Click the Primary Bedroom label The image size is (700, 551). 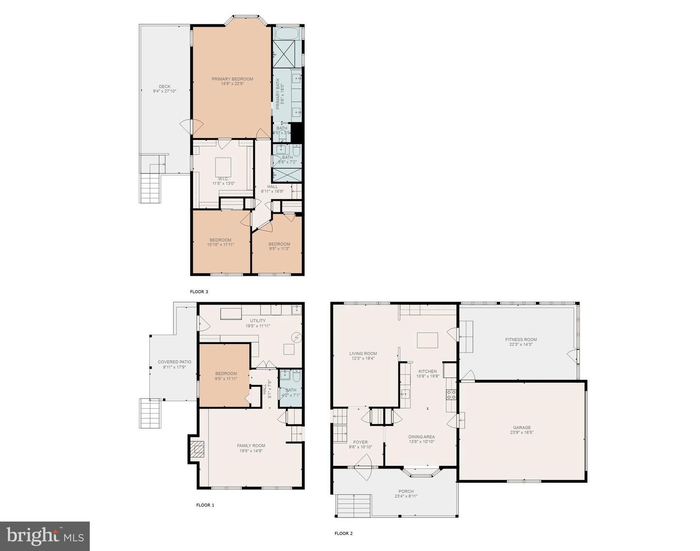click(232, 79)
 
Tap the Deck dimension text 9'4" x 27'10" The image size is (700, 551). click(164, 91)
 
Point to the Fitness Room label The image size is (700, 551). click(521, 340)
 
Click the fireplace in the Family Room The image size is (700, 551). click(197, 449)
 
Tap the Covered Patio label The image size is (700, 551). click(175, 362)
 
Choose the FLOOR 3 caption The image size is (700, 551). click(199, 292)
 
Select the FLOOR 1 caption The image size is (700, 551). click(205, 505)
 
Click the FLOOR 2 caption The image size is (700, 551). click(343, 533)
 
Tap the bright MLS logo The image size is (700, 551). click(45, 536)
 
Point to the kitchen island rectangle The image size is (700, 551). click(427, 339)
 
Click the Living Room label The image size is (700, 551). click(363, 354)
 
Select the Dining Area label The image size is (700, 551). click(421, 437)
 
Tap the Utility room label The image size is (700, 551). click(258, 321)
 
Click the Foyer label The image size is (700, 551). click(360, 442)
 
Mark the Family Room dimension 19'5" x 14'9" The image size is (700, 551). click(251, 451)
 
